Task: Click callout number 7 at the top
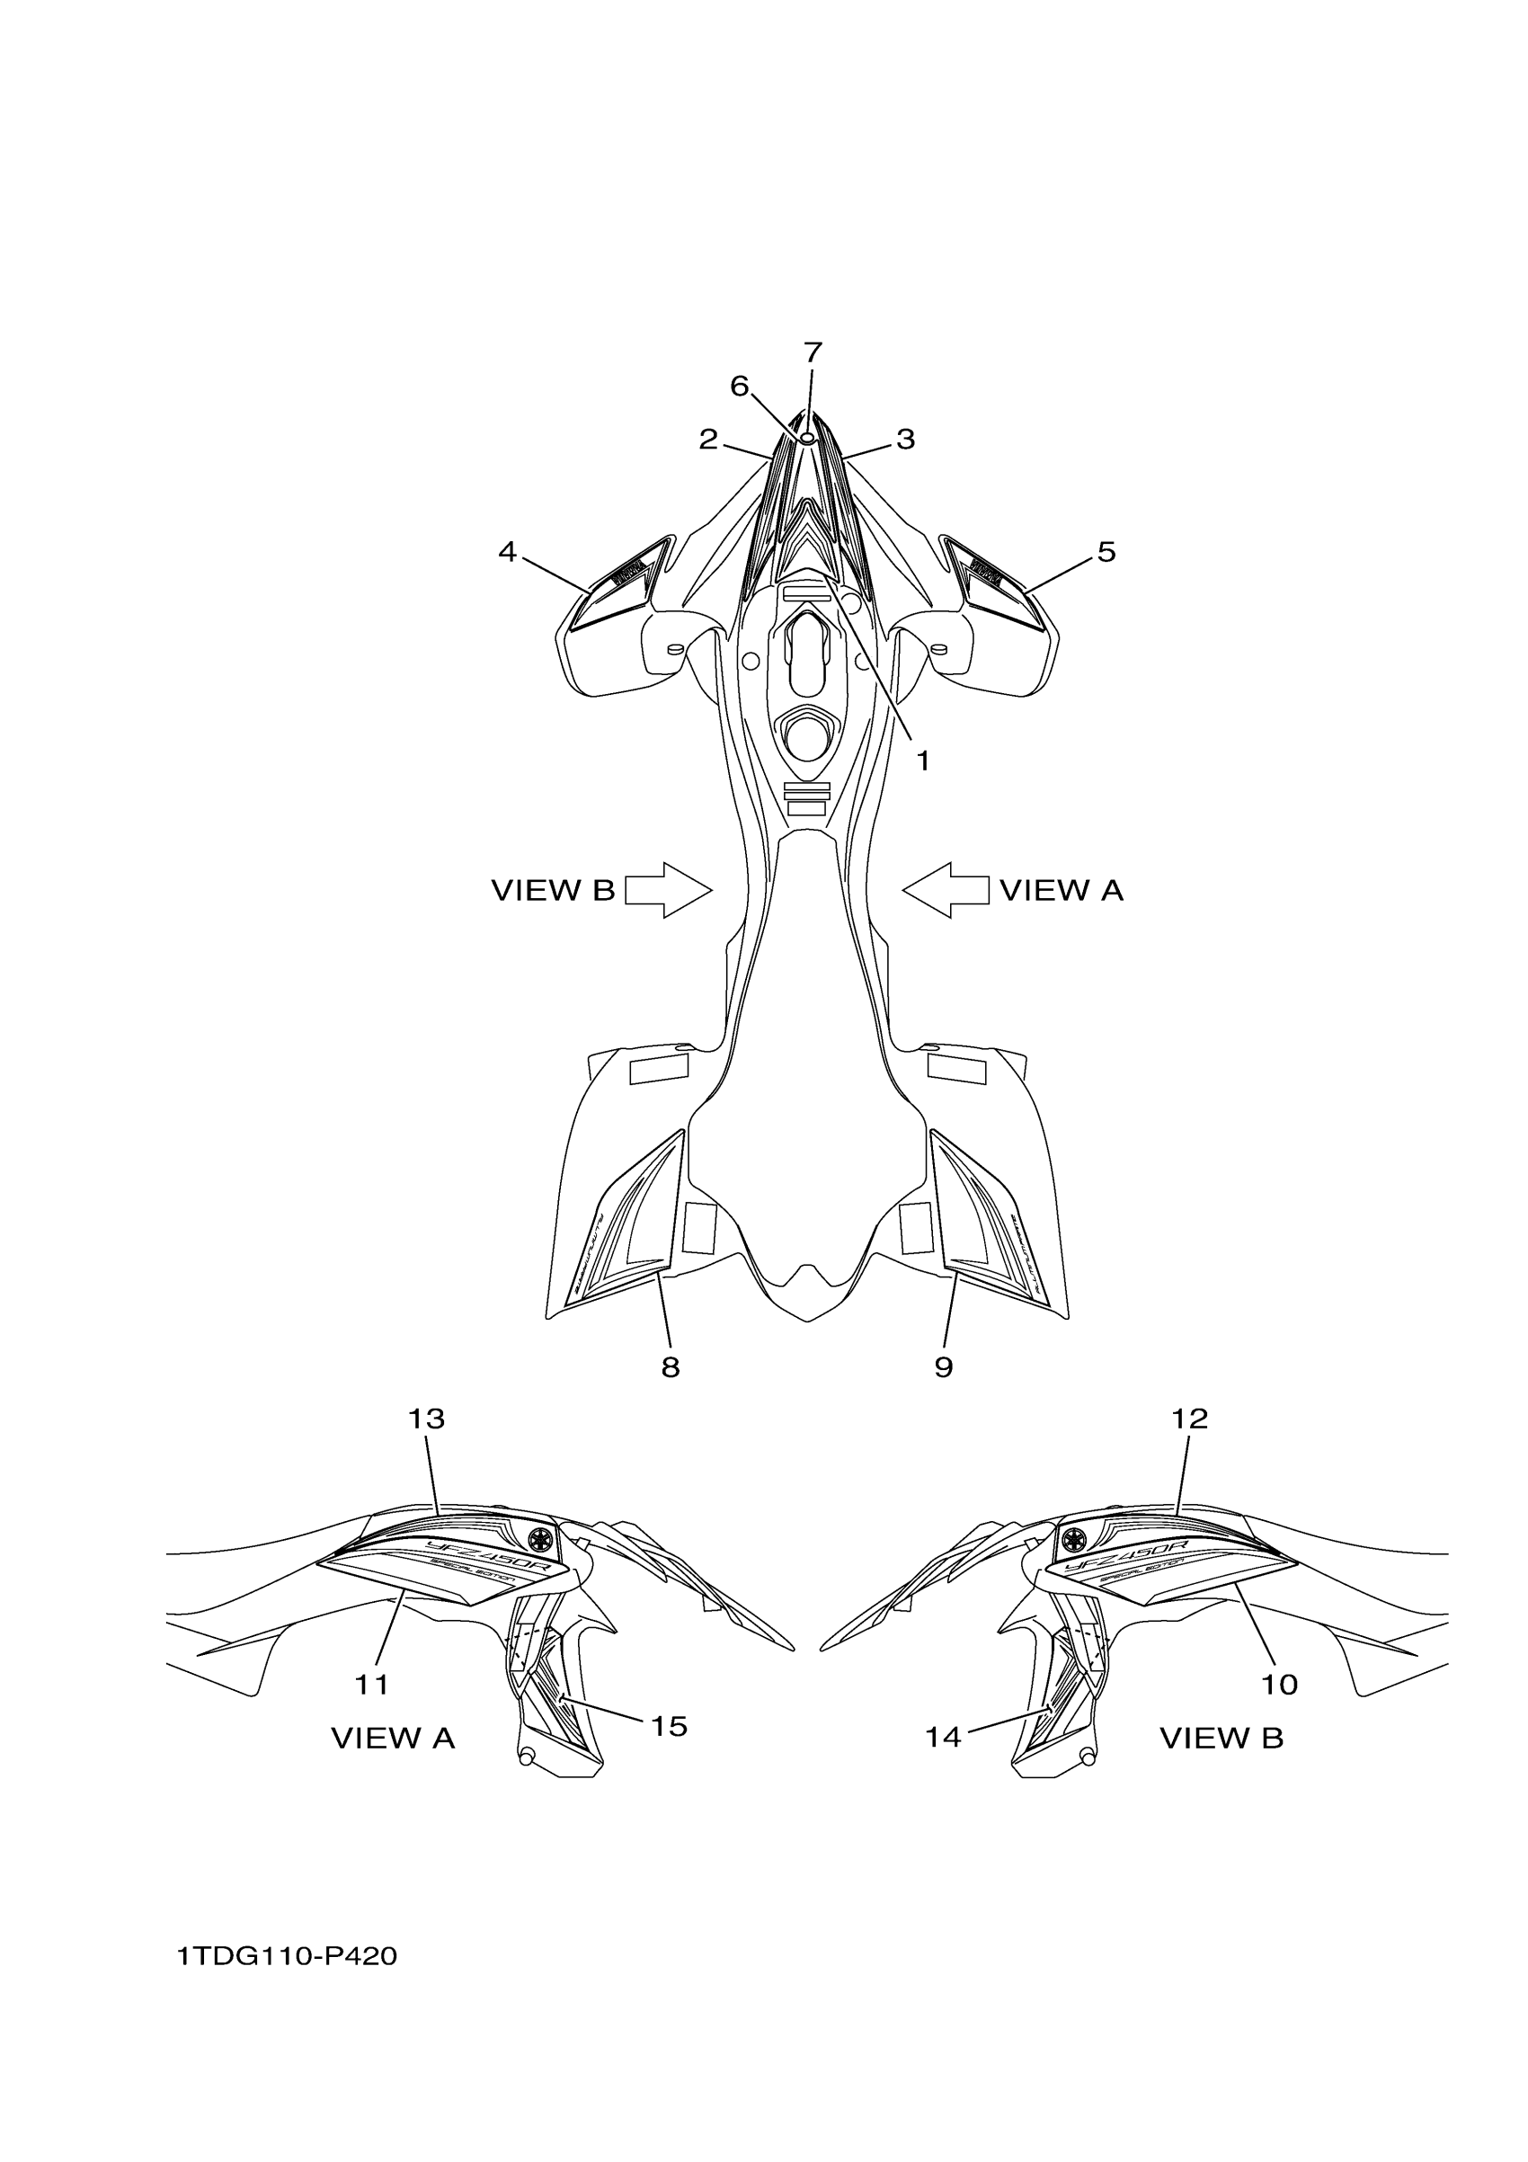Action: coord(813,353)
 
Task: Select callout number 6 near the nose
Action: coord(739,386)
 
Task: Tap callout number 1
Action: coord(924,760)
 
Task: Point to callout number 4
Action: coord(508,552)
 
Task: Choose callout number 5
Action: coord(1106,552)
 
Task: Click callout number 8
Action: coord(671,1367)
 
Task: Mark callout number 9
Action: coord(944,1367)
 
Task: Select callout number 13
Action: coord(425,1445)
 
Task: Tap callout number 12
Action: coord(1189,1445)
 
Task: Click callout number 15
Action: coord(670,1726)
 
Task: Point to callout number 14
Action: coord(942,1738)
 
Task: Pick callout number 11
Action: coord(372,1685)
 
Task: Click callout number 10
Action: coord(1278,1685)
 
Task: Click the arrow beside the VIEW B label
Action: coord(669,890)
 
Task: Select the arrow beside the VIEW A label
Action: coord(946,890)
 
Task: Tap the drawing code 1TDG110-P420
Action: coord(287,1957)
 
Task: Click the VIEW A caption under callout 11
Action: coord(393,1739)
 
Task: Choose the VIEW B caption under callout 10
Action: coord(1222,1739)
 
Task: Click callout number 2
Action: coord(708,439)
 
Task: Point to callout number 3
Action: coord(905,439)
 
